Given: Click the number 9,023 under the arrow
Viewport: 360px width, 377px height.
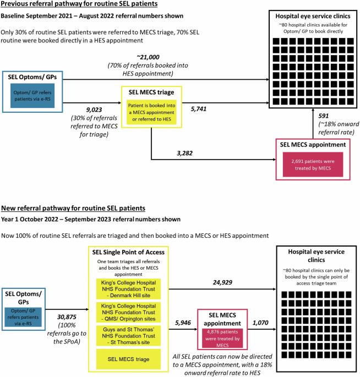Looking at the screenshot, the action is click(94, 110).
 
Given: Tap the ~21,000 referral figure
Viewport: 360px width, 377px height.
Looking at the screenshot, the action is click(148, 57).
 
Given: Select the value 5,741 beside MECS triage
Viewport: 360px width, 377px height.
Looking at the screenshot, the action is click(199, 109).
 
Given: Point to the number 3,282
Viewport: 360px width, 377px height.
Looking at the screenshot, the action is click(184, 153).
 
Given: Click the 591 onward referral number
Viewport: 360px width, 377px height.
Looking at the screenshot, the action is click(324, 116).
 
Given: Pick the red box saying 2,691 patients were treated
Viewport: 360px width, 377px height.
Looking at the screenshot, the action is click(313, 165).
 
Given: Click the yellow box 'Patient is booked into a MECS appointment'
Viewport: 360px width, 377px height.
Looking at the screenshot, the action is click(152, 112).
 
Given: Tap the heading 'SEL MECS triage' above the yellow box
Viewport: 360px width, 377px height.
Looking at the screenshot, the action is click(151, 92).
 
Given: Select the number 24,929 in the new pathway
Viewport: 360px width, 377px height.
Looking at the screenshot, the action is click(222, 282).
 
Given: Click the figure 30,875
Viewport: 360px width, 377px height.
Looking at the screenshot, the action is click(67, 317).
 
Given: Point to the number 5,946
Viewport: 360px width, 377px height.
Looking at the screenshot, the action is click(183, 323).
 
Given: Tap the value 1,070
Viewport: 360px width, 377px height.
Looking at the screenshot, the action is click(260, 323).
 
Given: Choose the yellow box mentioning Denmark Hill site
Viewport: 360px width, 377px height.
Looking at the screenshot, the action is click(128, 289).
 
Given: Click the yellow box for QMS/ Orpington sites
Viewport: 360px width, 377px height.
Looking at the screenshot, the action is click(128, 312).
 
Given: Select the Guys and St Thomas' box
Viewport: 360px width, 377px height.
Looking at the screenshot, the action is click(128, 336).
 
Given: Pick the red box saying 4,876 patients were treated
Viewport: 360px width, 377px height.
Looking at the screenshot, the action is click(222, 338).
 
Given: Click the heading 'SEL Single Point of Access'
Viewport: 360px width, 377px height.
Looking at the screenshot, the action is click(128, 252).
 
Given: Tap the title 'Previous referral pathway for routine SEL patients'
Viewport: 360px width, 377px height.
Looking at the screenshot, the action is click(79, 4).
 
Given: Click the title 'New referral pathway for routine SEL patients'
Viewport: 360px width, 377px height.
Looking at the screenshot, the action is click(73, 208).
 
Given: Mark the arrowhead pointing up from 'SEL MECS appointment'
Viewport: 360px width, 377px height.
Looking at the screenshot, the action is click(313, 110).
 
